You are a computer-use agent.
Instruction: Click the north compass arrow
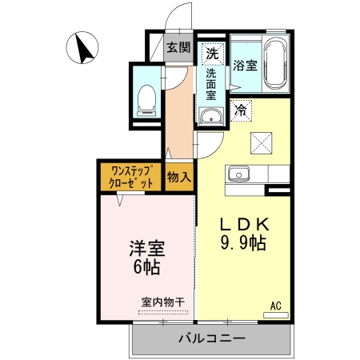pos(83,47)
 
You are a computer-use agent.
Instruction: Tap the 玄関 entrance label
pos(178,47)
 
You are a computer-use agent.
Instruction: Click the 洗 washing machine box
pos(212,54)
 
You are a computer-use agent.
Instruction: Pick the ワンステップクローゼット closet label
pos(131,177)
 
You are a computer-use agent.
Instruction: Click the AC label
pos(275,305)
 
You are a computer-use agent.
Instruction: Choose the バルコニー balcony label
pos(211,338)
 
